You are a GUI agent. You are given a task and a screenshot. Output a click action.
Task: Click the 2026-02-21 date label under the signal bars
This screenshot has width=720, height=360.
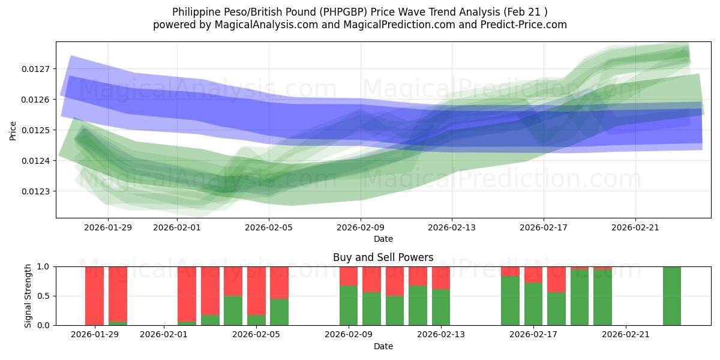626,334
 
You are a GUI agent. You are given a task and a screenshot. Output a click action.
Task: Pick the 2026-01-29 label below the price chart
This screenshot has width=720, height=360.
108,227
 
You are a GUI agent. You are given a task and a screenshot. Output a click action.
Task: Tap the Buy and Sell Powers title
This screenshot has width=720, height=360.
383,257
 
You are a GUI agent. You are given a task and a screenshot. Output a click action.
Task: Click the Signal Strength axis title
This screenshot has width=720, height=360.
28,296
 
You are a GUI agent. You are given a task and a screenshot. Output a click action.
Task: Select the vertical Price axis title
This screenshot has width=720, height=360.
13,130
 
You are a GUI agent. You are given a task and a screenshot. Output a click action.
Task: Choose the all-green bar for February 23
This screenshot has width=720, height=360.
672,296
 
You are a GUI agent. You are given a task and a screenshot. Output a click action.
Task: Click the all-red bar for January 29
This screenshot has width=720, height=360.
94,296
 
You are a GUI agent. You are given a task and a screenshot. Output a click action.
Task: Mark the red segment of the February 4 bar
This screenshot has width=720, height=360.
233,281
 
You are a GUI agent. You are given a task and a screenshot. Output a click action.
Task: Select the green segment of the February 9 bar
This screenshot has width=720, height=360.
349,305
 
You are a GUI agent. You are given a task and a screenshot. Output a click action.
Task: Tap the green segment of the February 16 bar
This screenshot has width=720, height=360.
511,301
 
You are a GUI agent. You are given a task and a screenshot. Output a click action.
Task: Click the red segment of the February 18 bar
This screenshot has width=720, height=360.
557,280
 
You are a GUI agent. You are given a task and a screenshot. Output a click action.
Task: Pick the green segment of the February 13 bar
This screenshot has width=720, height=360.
441,307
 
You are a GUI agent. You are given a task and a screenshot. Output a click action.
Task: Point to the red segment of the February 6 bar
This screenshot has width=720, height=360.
280,283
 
